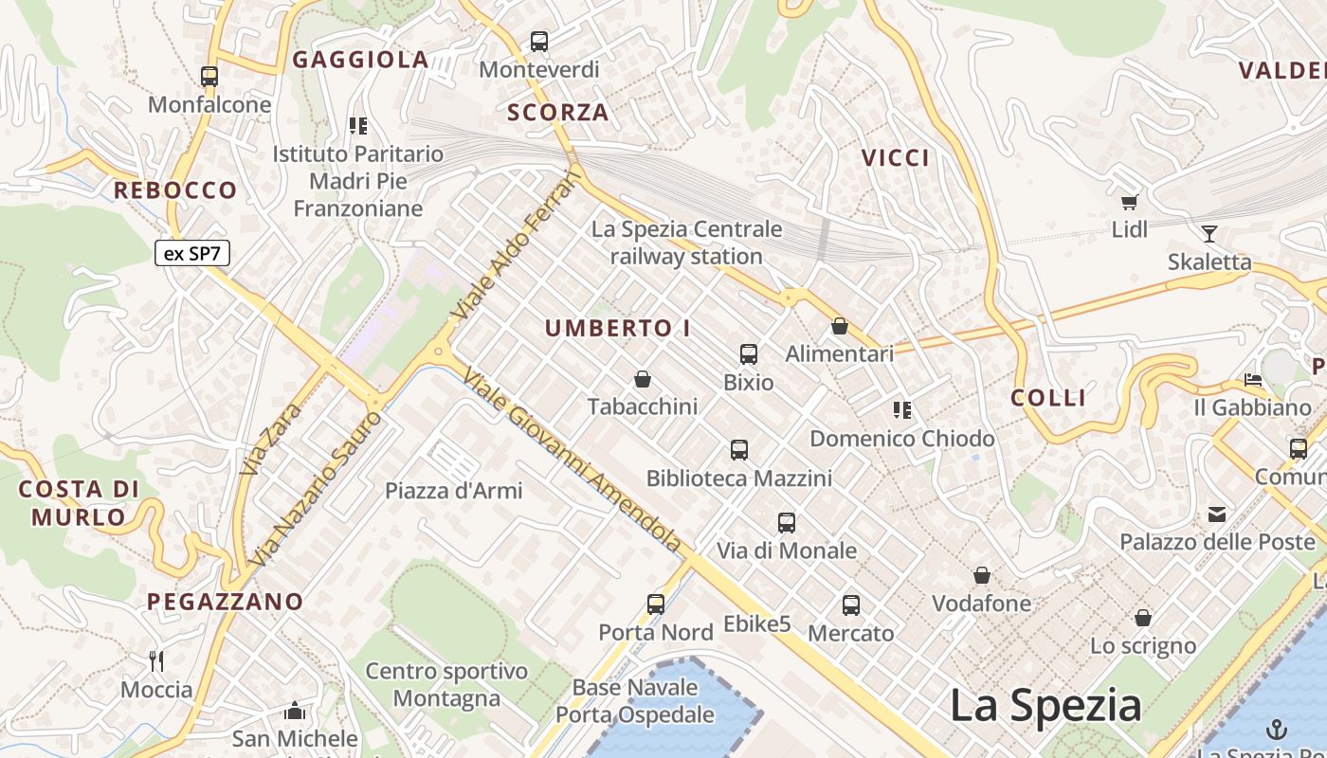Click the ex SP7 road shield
tap(192, 253)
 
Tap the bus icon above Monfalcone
tap(209, 77)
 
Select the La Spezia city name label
tap(1045, 706)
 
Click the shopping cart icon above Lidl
tap(1129, 202)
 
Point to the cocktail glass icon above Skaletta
tap(1209, 234)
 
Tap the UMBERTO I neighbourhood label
tap(618, 329)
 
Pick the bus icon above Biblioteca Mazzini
tap(739, 450)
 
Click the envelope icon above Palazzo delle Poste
tap(1217, 514)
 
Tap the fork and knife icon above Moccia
tap(157, 660)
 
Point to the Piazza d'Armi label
tap(453, 491)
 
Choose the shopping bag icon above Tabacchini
tap(643, 379)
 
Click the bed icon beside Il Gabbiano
tap(1253, 380)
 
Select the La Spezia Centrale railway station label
tap(686, 243)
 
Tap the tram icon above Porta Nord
tap(655, 604)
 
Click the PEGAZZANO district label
tap(225, 601)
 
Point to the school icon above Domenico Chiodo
tap(901, 410)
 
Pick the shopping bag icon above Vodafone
tap(982, 575)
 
